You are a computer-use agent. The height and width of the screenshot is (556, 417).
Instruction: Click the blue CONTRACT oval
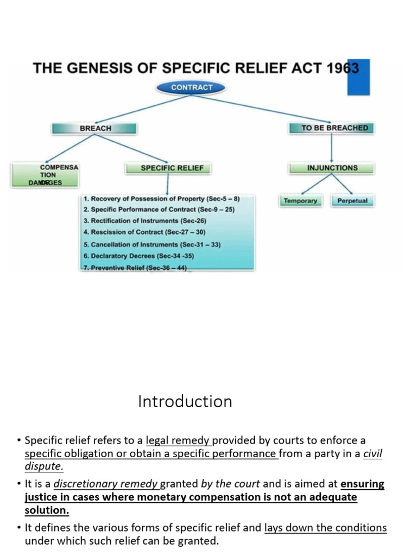click(192, 87)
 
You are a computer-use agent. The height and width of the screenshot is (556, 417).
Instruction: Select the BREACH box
click(95, 128)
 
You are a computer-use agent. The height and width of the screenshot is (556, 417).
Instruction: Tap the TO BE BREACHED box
click(331, 128)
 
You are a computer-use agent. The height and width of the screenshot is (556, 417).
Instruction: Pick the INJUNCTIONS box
click(332, 168)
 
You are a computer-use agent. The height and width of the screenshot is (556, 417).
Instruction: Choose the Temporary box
click(300, 201)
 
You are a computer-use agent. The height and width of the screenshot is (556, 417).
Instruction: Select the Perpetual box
click(352, 201)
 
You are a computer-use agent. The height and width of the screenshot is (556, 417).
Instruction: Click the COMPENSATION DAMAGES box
click(46, 175)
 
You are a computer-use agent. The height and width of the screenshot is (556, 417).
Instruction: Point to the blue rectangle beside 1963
click(358, 77)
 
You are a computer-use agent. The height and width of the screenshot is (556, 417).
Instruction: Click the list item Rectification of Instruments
click(145, 221)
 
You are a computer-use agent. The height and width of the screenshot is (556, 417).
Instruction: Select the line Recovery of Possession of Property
click(161, 199)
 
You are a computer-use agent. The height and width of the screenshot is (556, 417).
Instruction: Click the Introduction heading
click(185, 402)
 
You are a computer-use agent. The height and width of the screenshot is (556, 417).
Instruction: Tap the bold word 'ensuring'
click(362, 484)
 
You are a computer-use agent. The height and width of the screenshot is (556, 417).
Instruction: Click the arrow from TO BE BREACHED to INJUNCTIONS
click(331, 147)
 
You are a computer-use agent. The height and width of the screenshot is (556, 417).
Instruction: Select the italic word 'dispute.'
click(44, 466)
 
